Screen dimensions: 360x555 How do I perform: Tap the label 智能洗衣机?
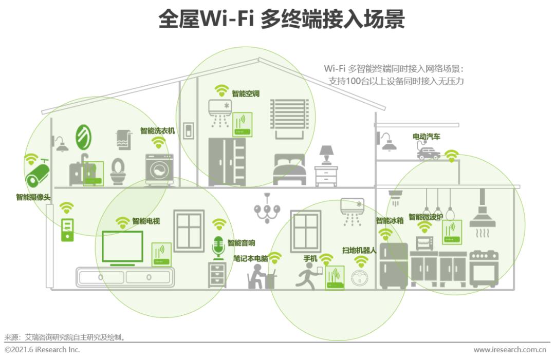click(157, 131)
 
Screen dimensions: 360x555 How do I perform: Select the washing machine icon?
click(159, 169)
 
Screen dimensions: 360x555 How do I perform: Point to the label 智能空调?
click(245, 94)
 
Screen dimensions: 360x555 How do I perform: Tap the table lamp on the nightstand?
click(326, 155)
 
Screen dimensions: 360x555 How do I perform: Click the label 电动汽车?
click(426, 137)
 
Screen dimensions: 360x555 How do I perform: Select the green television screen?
click(122, 247)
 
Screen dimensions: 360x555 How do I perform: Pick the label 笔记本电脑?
click(251, 258)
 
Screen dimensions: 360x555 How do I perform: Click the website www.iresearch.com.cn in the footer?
click(509, 350)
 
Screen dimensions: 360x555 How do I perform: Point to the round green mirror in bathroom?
click(83, 137)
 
